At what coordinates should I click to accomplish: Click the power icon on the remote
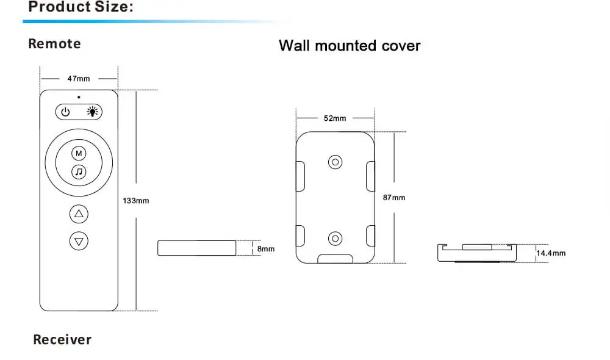[65, 112]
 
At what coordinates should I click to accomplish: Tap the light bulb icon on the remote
[92, 112]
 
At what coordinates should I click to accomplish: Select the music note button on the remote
[79, 171]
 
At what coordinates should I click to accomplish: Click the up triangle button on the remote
[79, 214]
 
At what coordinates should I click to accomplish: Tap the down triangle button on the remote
[79, 241]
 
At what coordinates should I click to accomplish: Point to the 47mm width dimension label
[79, 79]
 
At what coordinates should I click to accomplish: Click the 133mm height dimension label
[136, 201]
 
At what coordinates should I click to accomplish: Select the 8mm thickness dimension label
[266, 249]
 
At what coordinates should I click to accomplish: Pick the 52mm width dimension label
[335, 118]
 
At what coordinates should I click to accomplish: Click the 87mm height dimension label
[394, 198]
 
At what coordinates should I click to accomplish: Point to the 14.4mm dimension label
[551, 253]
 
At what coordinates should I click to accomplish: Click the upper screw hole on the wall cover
[335, 162]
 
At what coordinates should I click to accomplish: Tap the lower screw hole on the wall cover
[335, 239]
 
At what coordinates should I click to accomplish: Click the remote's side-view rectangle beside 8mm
[197, 248]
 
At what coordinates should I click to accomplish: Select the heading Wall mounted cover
[350, 46]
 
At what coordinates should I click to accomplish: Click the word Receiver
[62, 339]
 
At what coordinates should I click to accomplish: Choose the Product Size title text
[81, 7]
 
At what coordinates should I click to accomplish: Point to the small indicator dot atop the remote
[79, 97]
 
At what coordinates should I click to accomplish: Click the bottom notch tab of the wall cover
[335, 259]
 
